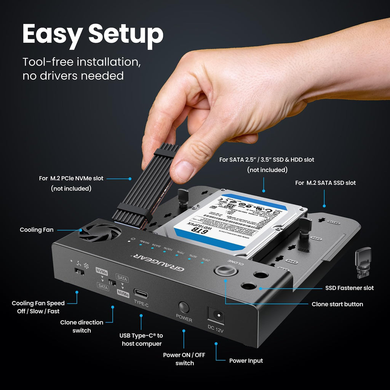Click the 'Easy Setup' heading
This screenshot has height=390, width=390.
click(93, 35)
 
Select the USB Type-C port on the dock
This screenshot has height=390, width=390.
click(141, 294)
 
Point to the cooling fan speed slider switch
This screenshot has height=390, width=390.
click(78, 272)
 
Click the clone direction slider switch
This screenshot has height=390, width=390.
click(112, 283)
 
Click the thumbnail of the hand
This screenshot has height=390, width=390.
click(244, 95)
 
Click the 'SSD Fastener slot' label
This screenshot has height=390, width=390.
click(349, 288)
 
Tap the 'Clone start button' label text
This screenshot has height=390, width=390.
click(337, 304)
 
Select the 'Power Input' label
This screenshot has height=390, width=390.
click(246, 361)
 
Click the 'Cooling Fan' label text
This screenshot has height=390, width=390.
click(37, 230)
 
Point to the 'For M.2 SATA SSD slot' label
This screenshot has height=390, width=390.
click(325, 183)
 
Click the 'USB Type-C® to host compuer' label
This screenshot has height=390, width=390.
click(142, 339)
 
